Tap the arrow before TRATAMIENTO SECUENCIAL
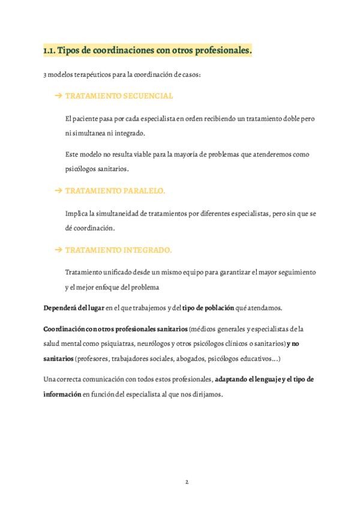[58, 96]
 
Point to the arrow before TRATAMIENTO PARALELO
[58, 190]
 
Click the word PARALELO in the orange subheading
[144, 190]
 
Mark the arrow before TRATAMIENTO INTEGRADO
[58, 249]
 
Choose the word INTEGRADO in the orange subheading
[147, 249]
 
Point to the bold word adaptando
[233, 379]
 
